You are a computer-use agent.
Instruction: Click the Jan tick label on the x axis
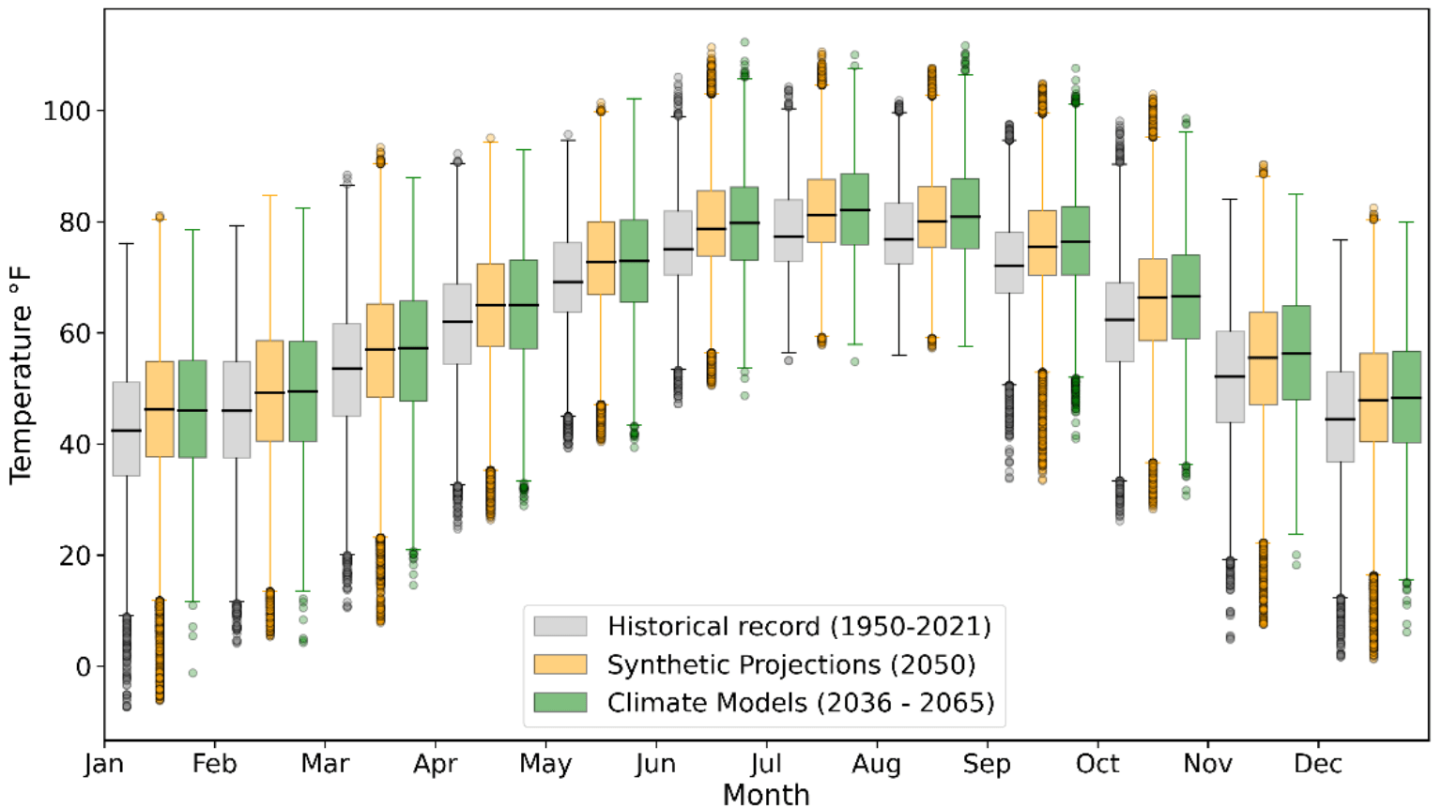coord(103,764)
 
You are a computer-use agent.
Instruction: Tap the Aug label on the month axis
coord(876,764)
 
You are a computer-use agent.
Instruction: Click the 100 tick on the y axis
coord(67,111)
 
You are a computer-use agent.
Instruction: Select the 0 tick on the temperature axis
coord(84,667)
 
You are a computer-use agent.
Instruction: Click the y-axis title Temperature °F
coord(21,375)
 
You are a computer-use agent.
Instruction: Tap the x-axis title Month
coord(765,794)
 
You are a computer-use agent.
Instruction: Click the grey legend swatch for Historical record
coord(560,626)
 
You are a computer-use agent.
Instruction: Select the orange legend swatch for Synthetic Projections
coord(560,664)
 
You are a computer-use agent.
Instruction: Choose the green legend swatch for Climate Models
coord(560,702)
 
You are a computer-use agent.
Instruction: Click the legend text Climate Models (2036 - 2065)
coord(800,702)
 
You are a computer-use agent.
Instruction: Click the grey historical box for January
coord(126,429)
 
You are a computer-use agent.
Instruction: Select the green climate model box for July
coord(854,209)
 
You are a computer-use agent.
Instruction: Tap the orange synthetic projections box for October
coord(1152,299)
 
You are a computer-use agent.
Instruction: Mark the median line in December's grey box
coord(1340,419)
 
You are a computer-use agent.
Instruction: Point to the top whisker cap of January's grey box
coord(126,244)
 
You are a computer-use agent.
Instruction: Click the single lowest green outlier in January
coord(192,673)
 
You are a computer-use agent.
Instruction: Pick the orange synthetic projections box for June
coord(711,223)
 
